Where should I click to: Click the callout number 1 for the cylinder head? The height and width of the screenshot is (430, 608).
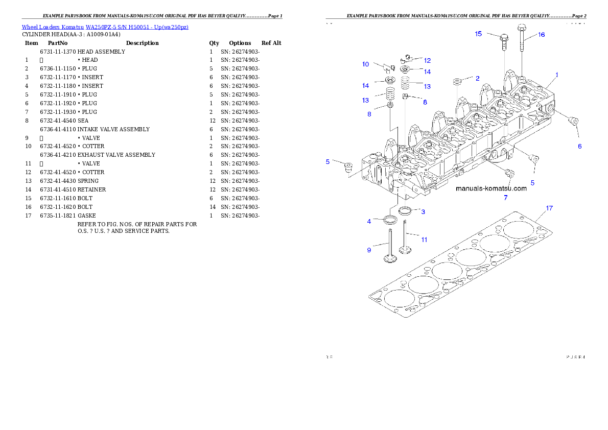coord(557,75)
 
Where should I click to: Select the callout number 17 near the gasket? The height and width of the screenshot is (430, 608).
coord(549,208)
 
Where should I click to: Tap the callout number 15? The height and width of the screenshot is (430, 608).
coord(478,34)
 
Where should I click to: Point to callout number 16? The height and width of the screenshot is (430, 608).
coord(541,35)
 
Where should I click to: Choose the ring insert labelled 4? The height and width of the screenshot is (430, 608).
coord(390,220)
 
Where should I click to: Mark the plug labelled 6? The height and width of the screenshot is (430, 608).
coord(573,122)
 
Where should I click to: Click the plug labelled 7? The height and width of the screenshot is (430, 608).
coord(509,173)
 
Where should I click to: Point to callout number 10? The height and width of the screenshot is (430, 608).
coord(366,64)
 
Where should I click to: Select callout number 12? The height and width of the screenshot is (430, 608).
coord(427,60)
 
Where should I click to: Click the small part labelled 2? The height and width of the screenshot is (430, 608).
coord(458,81)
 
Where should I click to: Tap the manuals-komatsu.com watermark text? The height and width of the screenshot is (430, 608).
coord(490,188)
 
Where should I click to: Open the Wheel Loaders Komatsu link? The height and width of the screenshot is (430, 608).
coord(105,27)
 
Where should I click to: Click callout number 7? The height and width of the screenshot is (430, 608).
coord(505,197)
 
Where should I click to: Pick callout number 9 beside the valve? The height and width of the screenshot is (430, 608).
coord(369,250)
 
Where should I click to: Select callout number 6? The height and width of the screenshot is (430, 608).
coord(579,146)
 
